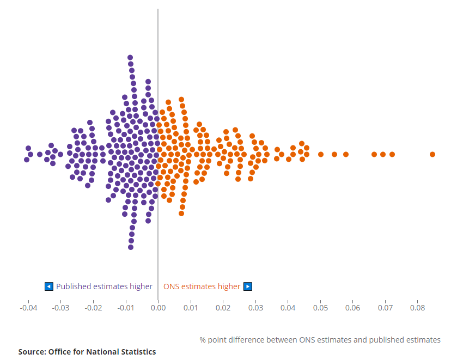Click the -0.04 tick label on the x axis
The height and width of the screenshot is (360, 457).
(28, 308)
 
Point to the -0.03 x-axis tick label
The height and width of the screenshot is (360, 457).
(60, 308)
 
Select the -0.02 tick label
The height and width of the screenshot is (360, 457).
(93, 308)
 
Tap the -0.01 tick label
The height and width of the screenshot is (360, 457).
(125, 308)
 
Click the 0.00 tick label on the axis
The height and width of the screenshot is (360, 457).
(158, 308)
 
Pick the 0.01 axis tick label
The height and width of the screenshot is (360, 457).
(190, 308)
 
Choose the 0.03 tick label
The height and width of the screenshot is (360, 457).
(255, 308)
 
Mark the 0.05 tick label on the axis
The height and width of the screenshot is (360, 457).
(320, 308)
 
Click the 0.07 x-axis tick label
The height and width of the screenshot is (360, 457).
(385, 308)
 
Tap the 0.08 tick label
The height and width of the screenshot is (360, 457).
(417, 308)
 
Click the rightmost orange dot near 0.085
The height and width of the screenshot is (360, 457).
(432, 154)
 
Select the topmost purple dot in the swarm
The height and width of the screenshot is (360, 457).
(130, 57)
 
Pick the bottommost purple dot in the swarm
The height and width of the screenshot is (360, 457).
(131, 247)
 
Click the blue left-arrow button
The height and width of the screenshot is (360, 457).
(49, 286)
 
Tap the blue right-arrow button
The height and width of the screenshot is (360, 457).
(248, 286)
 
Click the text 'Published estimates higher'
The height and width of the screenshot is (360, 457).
(104, 286)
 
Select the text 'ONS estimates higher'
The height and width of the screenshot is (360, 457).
(202, 286)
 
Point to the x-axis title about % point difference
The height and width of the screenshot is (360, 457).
(320, 340)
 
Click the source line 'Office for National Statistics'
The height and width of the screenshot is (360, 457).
(87, 352)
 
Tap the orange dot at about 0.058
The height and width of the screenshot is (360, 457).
(345, 154)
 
